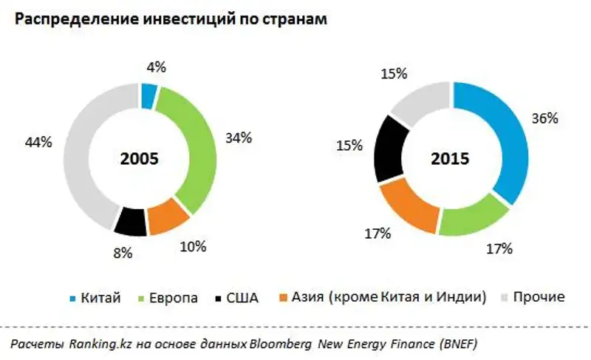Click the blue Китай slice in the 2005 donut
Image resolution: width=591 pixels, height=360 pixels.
148,95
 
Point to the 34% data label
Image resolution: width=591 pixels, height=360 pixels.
238,137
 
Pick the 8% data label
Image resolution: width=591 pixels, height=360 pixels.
123,254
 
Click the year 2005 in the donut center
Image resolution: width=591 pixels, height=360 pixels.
140,159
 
